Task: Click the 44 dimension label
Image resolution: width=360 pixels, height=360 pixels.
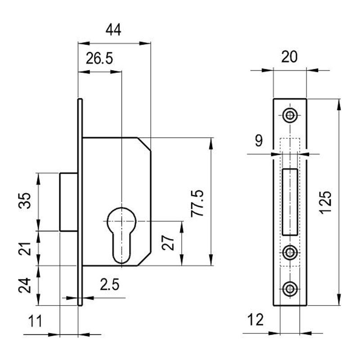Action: coord(113,30)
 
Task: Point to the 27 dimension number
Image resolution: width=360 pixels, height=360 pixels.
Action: coord(168,243)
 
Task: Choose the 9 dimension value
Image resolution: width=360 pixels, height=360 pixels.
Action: coord(258,141)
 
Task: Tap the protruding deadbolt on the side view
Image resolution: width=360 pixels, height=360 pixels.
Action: coord(69,201)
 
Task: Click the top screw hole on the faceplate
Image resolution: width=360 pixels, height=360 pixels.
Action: coord(290,116)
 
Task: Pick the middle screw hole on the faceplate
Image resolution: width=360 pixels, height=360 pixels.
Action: coord(290,253)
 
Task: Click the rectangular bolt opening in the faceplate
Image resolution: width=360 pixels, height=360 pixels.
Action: coord(290,201)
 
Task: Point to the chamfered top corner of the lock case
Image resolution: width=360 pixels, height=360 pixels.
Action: coord(144,144)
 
